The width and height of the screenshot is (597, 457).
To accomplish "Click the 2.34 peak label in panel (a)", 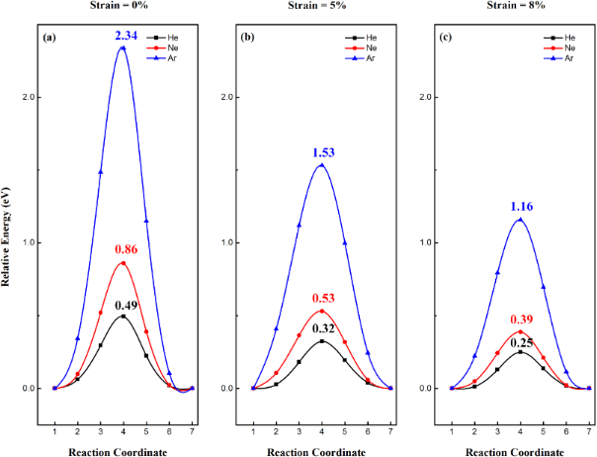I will pyautogui.click(x=123, y=37).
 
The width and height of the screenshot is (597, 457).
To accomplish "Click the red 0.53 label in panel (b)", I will pyautogui.click(x=321, y=300).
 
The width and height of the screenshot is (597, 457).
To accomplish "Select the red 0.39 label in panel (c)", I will pyautogui.click(x=521, y=320).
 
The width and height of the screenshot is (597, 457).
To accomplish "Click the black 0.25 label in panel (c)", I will pyautogui.click(x=521, y=341).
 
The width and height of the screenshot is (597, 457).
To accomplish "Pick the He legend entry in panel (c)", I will pyautogui.click(x=565, y=37).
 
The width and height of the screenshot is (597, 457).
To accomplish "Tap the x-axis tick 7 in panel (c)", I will pyautogui.click(x=589, y=402).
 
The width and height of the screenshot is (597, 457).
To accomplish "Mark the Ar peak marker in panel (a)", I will pyautogui.click(x=123, y=47).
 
